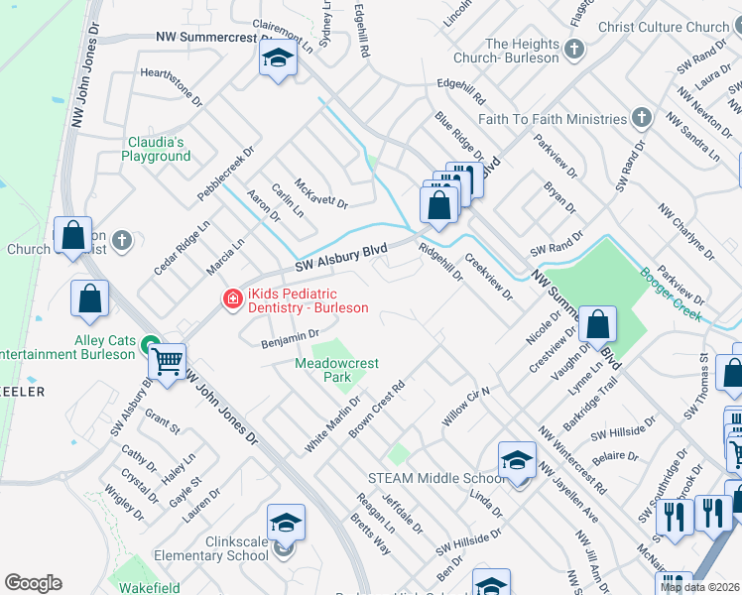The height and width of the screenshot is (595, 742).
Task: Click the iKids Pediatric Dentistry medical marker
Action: (232, 298)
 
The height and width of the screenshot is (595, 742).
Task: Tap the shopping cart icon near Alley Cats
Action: (168, 362)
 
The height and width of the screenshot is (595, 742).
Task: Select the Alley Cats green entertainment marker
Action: (150, 345)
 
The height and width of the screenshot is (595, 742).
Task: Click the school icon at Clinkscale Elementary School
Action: (286, 524)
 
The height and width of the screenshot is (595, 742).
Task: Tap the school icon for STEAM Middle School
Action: (517, 462)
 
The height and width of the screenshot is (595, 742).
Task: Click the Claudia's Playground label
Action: (156, 149)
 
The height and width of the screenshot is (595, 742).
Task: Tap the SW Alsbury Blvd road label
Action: (340, 260)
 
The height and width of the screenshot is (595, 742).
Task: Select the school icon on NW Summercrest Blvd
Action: (279, 59)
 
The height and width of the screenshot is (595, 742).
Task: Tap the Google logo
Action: (34, 583)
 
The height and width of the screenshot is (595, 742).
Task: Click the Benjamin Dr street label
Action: (288, 338)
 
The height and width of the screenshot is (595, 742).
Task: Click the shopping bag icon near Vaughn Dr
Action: (598, 324)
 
